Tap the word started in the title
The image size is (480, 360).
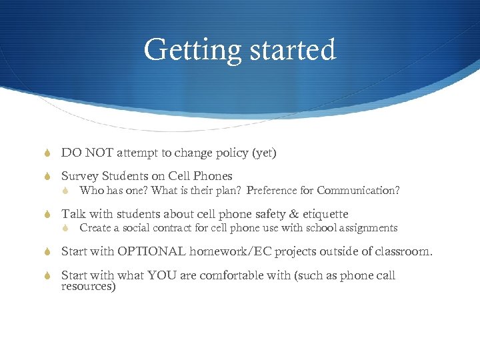point(289,50)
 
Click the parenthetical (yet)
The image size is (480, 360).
point(264,153)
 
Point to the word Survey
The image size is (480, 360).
point(80,176)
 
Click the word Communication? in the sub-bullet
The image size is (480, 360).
point(358,191)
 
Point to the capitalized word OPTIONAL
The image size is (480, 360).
point(151,252)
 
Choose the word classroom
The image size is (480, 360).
point(403,252)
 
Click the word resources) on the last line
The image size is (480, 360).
point(89,287)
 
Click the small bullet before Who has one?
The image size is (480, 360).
point(66,191)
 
